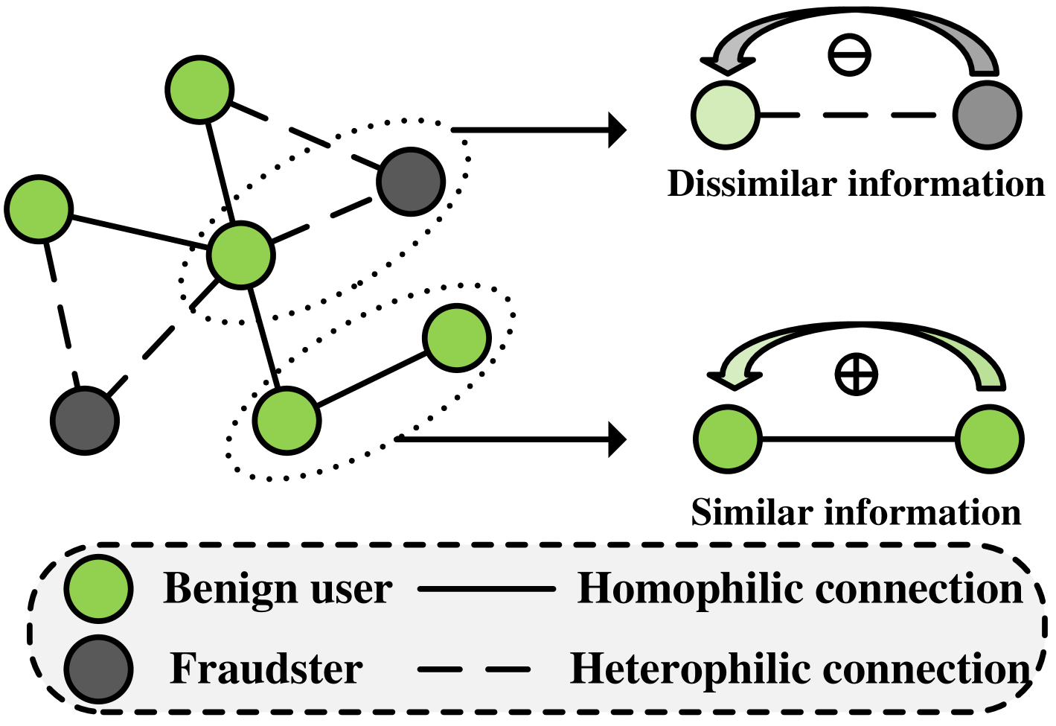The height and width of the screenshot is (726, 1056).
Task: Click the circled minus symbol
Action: [x=849, y=55]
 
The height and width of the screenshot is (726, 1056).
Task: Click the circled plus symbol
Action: [x=856, y=374]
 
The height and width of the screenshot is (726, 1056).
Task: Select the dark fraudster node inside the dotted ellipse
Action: [x=411, y=182]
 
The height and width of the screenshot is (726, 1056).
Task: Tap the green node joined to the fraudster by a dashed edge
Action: [x=242, y=255]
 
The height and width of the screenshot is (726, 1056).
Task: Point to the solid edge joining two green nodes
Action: [x=372, y=379]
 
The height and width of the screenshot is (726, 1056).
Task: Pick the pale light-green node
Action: [x=726, y=115]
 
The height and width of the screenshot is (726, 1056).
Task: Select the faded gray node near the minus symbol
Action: [x=987, y=115]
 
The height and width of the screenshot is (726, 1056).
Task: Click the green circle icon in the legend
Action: [x=98, y=588]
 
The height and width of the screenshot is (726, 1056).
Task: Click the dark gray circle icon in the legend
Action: [x=98, y=669]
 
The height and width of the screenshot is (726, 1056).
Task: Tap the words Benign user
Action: [x=277, y=589]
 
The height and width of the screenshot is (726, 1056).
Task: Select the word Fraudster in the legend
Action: [x=266, y=669]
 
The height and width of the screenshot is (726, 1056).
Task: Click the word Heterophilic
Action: [x=689, y=669]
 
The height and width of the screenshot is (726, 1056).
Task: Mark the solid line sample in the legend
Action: [x=487, y=589]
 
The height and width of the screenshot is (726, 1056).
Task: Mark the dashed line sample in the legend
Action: [x=474, y=669]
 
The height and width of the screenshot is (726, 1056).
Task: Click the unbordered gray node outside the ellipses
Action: [x=85, y=421]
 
